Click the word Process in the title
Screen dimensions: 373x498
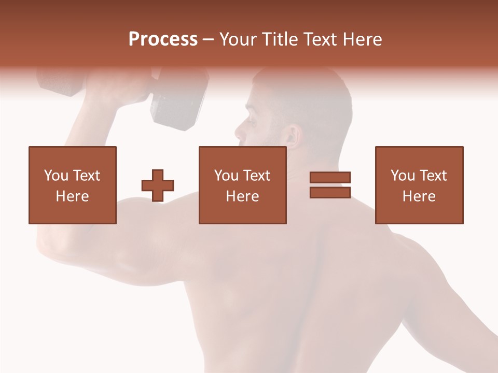point(163,39)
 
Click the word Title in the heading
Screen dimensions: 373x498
point(277,39)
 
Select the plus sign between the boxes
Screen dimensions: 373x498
point(158,185)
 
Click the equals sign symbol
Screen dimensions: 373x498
point(330,185)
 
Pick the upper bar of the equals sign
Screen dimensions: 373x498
point(330,178)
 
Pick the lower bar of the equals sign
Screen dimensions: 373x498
point(330,192)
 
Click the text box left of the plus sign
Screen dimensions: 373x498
point(72,185)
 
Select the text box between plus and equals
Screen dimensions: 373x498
point(242,185)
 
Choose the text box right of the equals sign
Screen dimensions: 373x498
point(419,185)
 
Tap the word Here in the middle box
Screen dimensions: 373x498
point(242,196)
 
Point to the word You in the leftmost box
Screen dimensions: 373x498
point(56,176)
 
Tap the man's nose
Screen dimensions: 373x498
point(240,132)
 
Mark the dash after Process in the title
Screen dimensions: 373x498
point(208,39)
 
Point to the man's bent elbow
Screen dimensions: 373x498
point(49,243)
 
